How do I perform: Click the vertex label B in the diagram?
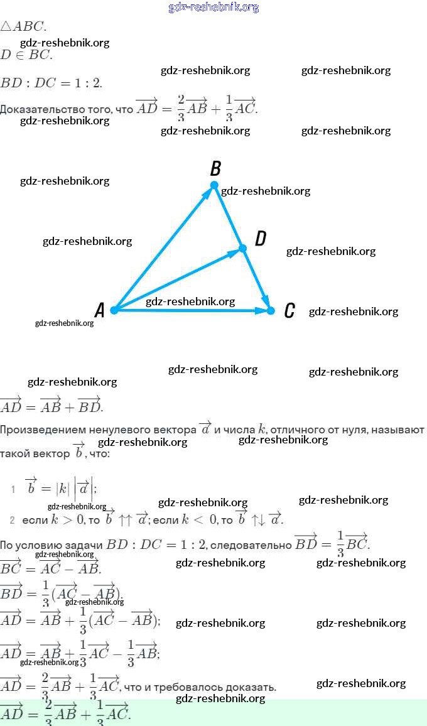pos(215,168)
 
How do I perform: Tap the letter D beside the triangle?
pos(261,239)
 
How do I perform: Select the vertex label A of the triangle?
pos(99,310)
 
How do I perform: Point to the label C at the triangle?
pos(289,310)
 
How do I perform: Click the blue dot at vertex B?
pos(214,185)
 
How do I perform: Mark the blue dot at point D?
pos(243,249)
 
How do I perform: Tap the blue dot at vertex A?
pos(114,310)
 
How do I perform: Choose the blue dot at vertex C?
pos(271,310)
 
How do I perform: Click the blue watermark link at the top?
pos(213,7)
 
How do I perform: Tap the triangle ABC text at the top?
pos(23,26)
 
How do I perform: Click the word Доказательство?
pos(57,109)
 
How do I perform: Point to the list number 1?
pos(13,489)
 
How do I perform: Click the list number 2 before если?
pos(13,520)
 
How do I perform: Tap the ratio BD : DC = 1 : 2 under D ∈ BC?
pos(51,82)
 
